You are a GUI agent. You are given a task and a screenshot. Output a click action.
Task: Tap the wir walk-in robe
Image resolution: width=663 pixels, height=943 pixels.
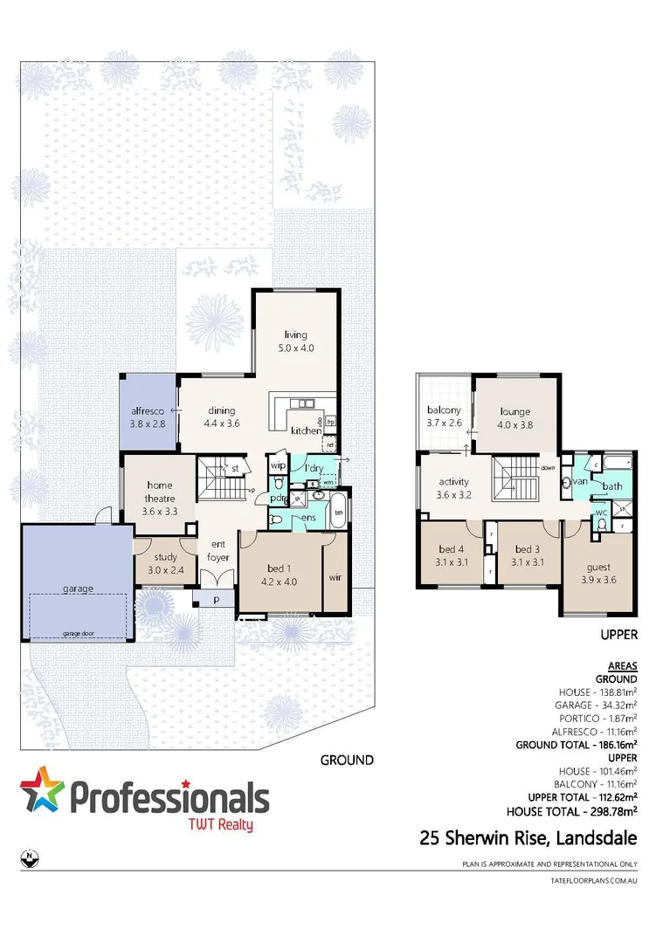coord(335,577)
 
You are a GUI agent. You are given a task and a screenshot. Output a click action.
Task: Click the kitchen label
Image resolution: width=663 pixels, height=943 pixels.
coord(305,430)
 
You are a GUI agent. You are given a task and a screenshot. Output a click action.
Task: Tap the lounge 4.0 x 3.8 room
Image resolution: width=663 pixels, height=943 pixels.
coord(515,418)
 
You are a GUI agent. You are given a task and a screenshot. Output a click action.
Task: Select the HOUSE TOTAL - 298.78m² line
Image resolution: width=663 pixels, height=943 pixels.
coord(581,811)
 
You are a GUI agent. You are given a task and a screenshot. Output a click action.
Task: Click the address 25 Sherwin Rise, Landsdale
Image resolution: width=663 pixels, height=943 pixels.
coord(528,839)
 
